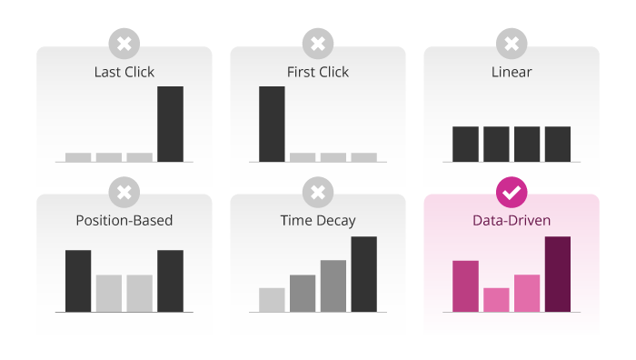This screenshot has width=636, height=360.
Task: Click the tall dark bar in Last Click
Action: click(x=170, y=124)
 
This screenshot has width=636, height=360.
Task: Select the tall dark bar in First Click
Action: click(x=272, y=124)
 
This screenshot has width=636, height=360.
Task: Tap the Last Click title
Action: click(x=124, y=72)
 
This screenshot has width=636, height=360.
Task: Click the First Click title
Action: click(x=318, y=72)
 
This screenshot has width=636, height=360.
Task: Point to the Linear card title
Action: click(x=512, y=72)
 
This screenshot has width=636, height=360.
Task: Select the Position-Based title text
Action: click(x=124, y=220)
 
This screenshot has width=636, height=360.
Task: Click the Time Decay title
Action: click(x=318, y=220)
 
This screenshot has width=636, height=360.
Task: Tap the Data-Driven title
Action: click(x=512, y=220)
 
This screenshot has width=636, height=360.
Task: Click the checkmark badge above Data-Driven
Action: click(x=512, y=192)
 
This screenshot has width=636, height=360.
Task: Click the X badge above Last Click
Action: click(x=124, y=44)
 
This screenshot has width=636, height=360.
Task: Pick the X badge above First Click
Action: click(x=318, y=44)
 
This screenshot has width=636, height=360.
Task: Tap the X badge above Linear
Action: click(x=512, y=44)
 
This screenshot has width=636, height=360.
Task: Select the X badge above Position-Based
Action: click(x=124, y=192)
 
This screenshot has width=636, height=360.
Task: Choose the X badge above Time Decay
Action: click(x=318, y=192)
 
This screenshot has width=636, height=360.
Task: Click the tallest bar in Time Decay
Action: click(x=363, y=274)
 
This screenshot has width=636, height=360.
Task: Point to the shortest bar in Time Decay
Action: click(x=272, y=299)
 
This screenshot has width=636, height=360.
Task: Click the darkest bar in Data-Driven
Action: click(x=557, y=274)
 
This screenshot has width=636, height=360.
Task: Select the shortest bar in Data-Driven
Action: click(x=496, y=299)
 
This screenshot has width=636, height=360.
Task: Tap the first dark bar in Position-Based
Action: click(x=78, y=280)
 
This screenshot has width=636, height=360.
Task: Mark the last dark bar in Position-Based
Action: click(x=170, y=280)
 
